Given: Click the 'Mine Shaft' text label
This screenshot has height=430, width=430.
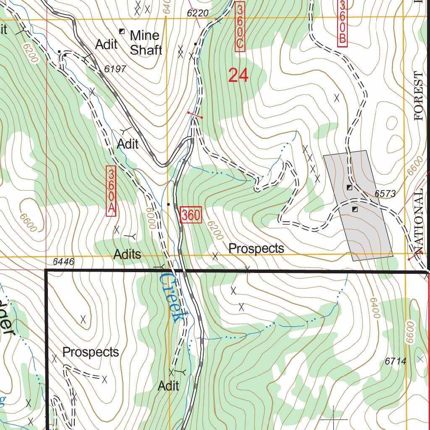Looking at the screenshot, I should click(145, 42).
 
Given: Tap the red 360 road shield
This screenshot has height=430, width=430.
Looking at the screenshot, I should click(191, 215).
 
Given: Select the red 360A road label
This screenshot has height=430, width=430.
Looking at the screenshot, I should click(111, 191).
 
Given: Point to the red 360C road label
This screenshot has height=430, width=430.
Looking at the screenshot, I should click(240, 26).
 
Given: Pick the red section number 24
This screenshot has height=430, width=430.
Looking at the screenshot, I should click(238, 76).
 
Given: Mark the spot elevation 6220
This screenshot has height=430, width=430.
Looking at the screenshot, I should click(197, 13).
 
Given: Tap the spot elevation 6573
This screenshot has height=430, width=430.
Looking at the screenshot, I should click(385, 194).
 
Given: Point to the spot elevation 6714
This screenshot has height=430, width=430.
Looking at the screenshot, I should click(395, 361).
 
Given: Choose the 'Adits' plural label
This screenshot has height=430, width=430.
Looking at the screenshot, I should click(127, 254).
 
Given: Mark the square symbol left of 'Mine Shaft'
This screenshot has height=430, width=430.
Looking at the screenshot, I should click(122, 31).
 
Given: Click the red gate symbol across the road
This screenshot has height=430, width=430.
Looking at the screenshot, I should click(195, 115).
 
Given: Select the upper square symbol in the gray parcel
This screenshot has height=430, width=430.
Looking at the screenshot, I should click(349, 187).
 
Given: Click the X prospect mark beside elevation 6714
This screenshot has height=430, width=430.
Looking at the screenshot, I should click(421, 359).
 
